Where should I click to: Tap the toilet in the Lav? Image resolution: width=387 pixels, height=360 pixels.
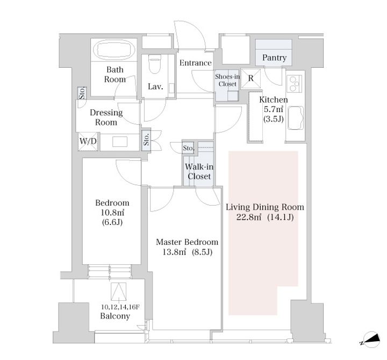(155, 64)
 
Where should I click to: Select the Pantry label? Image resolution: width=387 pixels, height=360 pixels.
(274, 58)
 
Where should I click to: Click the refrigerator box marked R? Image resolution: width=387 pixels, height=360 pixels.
(251, 79)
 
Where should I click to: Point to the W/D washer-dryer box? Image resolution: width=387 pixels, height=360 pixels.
(88, 142)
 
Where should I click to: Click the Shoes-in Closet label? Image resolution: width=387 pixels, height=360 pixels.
(227, 80)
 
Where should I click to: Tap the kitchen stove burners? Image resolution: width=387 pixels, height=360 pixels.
(294, 84)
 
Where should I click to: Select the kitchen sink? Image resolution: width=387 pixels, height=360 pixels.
(296, 118)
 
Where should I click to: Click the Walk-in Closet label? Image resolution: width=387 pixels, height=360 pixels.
(199, 172)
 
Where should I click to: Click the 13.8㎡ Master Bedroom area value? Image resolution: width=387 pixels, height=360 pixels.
(174, 252)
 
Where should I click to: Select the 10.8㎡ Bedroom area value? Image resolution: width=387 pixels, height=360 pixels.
(112, 213)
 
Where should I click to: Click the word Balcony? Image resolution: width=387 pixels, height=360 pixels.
(115, 316)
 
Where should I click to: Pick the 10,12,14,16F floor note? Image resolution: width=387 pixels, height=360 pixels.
(120, 307)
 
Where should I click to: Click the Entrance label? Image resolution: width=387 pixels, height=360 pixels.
(196, 63)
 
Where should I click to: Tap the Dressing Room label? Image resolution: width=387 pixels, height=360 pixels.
(106, 117)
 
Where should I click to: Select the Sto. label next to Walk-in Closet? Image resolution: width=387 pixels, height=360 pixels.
(189, 148)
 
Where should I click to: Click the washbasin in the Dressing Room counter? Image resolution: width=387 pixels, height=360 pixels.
(120, 142)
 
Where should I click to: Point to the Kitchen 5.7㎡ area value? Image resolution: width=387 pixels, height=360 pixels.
(274, 109)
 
